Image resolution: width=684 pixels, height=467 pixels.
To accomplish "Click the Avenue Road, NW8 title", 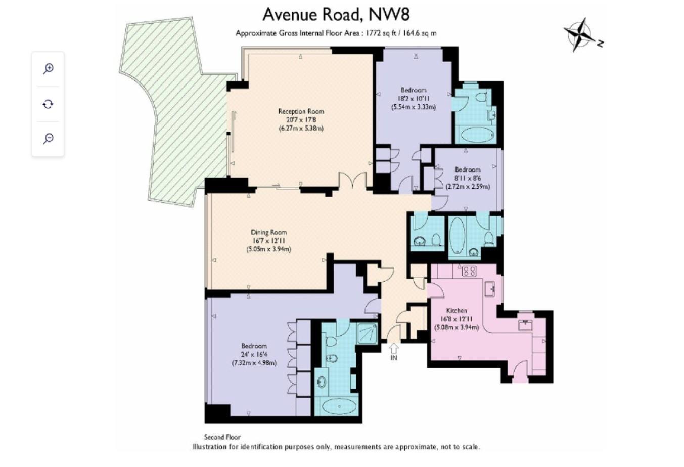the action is tap(336, 15).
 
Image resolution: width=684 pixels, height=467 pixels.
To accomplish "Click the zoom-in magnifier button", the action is tap(48, 68).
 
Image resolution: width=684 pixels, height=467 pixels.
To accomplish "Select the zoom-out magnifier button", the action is tap(48, 139).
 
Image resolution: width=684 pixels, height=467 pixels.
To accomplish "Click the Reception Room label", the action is tap(301, 111).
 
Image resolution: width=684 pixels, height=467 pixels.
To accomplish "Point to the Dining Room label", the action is tap(269, 232).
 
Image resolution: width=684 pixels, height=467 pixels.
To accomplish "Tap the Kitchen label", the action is tap(457, 311).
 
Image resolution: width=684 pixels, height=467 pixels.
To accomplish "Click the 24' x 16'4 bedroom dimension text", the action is tap(254, 355).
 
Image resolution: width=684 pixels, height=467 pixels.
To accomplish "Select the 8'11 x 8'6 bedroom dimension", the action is tap(468, 178).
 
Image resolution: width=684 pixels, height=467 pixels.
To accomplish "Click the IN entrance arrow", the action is tap(394, 348).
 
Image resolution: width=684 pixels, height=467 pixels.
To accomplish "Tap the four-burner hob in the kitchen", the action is tap(469, 271).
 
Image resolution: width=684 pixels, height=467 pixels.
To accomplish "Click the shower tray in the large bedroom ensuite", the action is tap(367, 332).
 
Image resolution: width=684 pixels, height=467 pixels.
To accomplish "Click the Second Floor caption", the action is tap(222, 437).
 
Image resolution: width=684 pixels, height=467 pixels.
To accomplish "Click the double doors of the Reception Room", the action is tap(353, 180).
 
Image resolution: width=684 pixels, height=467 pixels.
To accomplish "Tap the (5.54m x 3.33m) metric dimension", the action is tap(414, 107).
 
